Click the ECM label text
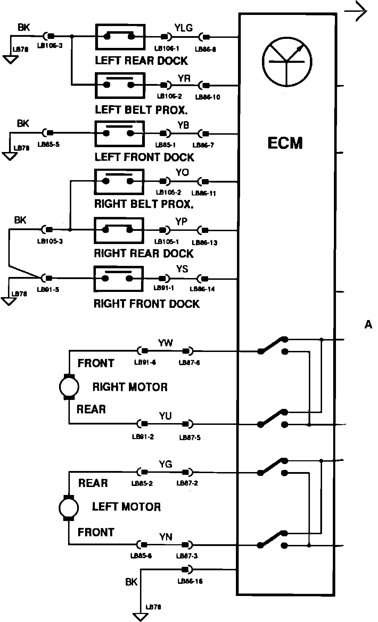click(x=285, y=143)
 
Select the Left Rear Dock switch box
click(x=120, y=36)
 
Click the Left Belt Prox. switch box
click(x=120, y=85)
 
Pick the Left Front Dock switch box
click(x=119, y=133)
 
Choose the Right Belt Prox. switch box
click(x=119, y=182)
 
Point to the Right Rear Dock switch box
click(x=119, y=230)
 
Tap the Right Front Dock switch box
click(x=118, y=278)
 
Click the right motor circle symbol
click(x=69, y=386)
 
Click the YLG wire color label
click(x=183, y=28)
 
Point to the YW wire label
click(x=165, y=343)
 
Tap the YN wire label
click(x=166, y=537)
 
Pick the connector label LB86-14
click(x=202, y=289)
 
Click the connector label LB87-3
click(x=187, y=556)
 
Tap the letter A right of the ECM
click(x=368, y=325)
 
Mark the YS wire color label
click(x=182, y=269)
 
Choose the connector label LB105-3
click(x=50, y=241)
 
